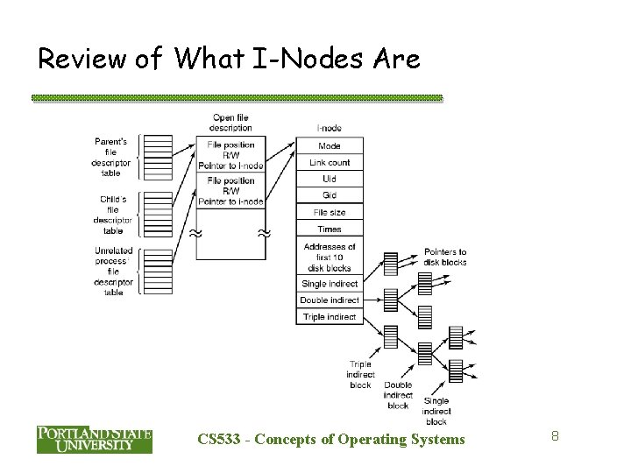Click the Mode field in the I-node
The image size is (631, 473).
point(330,145)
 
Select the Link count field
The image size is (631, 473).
point(330,162)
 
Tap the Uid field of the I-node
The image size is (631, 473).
point(330,179)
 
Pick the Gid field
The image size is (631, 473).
point(330,195)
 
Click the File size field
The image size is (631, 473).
point(330,212)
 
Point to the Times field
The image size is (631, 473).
point(330,229)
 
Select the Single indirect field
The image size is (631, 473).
point(330,285)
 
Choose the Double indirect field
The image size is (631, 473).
point(330,300)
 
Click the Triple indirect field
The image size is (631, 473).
point(330,316)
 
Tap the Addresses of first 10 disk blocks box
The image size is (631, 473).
point(330,258)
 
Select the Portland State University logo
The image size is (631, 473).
point(94,438)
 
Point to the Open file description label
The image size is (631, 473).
point(230,123)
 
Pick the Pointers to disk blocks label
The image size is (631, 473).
point(444,256)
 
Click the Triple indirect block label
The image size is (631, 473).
point(359,374)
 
